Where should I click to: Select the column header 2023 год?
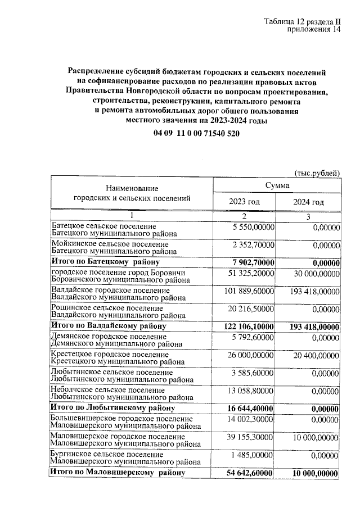244,202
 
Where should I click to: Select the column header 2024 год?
308,202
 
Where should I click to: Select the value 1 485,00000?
253,454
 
